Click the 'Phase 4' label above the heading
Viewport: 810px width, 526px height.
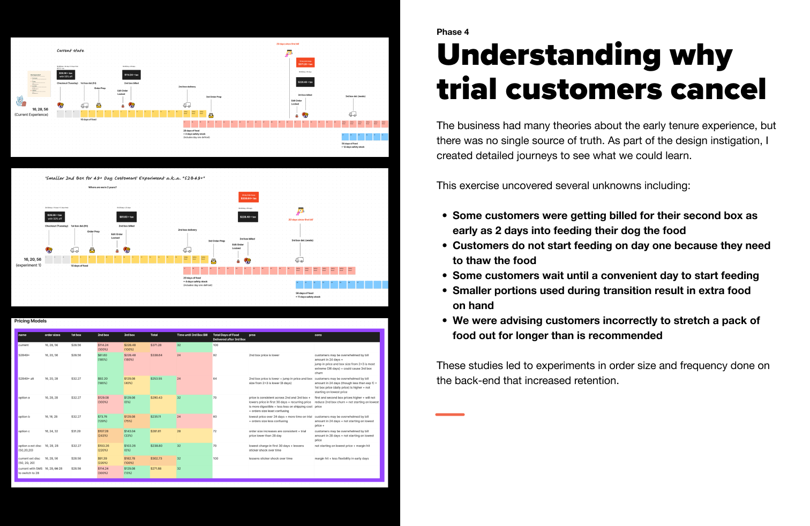tap(453, 32)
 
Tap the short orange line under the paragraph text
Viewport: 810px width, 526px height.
tap(450, 415)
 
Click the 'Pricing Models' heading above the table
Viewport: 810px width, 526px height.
tap(31, 321)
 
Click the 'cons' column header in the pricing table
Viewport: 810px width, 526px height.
tap(318, 335)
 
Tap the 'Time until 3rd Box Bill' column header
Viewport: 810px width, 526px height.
tap(192, 335)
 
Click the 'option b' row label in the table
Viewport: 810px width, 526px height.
tap(24, 417)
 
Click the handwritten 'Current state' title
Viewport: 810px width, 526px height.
tap(71, 51)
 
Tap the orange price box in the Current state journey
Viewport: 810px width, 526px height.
tap(306, 63)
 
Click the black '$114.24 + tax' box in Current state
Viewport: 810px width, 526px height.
tap(132, 75)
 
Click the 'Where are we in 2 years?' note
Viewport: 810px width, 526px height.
tap(102, 187)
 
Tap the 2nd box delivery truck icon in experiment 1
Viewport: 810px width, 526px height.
tap(187, 250)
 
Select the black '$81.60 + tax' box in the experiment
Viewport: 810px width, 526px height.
tap(127, 217)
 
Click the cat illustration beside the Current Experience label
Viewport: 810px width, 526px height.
tap(20, 101)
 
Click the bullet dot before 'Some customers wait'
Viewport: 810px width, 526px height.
tap(445, 275)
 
